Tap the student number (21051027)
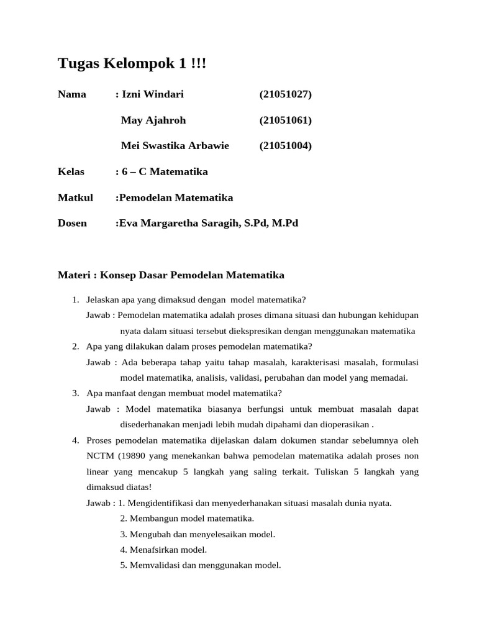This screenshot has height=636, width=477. [x=285, y=94]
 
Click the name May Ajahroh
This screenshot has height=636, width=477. [x=153, y=120]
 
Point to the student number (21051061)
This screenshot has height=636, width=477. [x=285, y=120]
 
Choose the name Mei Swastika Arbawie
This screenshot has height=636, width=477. [x=175, y=146]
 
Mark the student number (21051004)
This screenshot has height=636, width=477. [x=285, y=146]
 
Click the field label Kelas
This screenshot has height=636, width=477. [x=71, y=171]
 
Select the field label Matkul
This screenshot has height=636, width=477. [x=75, y=198]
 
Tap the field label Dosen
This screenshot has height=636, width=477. [x=72, y=223]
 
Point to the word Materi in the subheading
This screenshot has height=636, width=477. [x=73, y=275]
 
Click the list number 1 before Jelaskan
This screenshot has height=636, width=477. [x=75, y=300]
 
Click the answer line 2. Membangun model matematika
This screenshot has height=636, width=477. [x=187, y=519]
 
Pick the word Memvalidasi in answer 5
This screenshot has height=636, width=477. [x=152, y=565]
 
